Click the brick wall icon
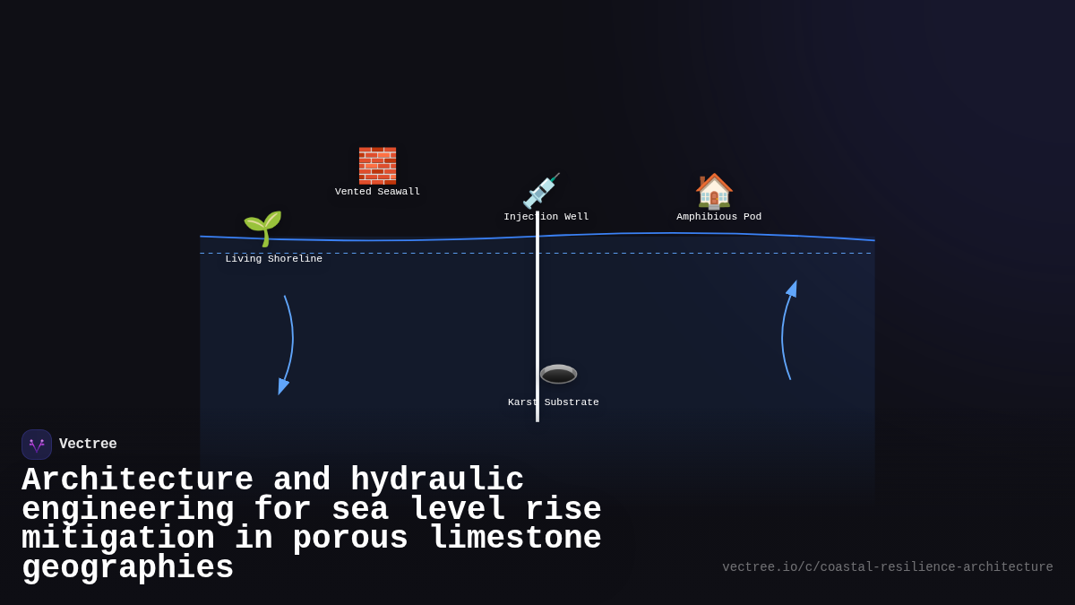click(377, 166)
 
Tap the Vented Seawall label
click(377, 192)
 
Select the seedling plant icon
click(262, 229)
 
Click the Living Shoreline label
click(273, 259)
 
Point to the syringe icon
click(541, 191)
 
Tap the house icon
click(714, 191)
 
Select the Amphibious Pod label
click(718, 217)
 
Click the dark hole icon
click(558, 374)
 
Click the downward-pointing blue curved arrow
click(287, 345)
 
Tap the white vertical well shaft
click(537, 314)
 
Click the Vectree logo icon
click(37, 445)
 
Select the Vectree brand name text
click(88, 445)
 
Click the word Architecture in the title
click(137, 480)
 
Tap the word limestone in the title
click(515, 539)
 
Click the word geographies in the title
click(127, 568)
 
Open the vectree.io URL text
click(887, 567)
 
